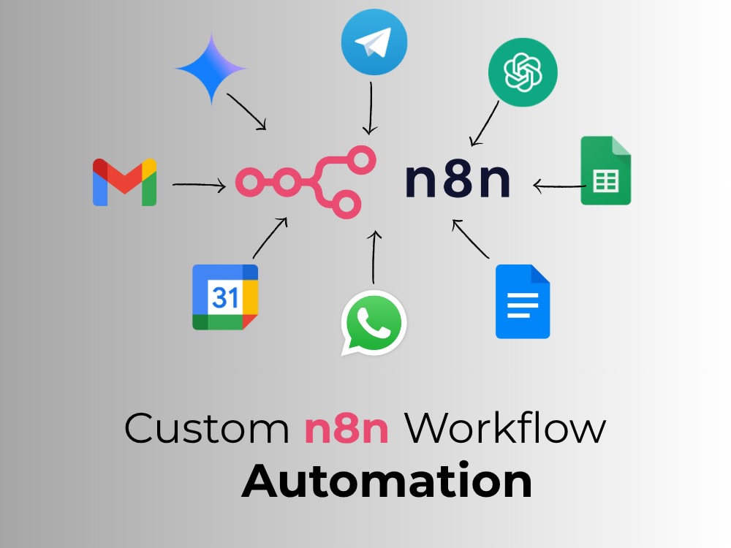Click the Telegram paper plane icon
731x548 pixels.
[x=374, y=42]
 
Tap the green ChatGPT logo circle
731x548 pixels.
[x=523, y=72]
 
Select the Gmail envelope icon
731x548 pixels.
[x=124, y=182]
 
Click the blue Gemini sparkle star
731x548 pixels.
[x=211, y=69]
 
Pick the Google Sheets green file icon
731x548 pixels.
[x=605, y=170]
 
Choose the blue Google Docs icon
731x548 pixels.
[x=523, y=302]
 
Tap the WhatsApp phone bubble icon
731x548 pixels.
[x=374, y=323]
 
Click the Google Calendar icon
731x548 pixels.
[x=225, y=297]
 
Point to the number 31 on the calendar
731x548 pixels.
[x=225, y=297]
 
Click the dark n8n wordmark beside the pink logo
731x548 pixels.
[x=458, y=180]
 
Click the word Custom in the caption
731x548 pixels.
[x=207, y=427]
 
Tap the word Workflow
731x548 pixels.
[x=504, y=427]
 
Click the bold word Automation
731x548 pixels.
[x=387, y=480]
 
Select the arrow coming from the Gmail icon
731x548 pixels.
[x=199, y=186]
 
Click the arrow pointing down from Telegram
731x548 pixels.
[x=371, y=109]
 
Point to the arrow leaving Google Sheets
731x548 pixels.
[x=559, y=186]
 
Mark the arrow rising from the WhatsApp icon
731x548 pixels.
[x=374, y=256]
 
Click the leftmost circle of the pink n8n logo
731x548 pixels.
[x=249, y=182]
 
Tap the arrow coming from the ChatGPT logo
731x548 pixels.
[x=485, y=124]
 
